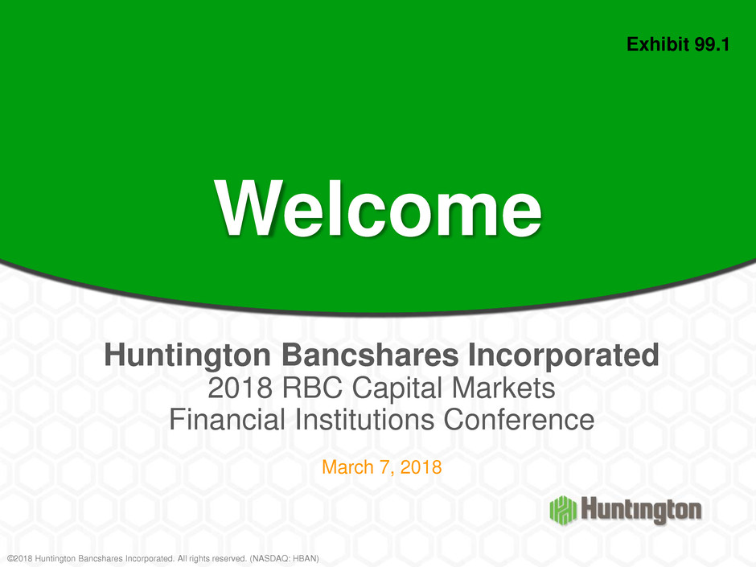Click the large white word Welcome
[379, 208]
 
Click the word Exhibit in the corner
[658, 44]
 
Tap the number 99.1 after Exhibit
[712, 44]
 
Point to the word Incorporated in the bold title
[563, 355]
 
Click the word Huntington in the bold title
[187, 355]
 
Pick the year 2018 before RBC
[240, 388]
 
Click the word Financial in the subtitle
[227, 420]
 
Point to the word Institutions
[364, 420]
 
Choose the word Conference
[519, 420]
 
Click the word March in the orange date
[347, 467]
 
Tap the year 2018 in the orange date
[421, 467]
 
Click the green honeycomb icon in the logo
[563, 510]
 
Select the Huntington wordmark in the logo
[641, 510]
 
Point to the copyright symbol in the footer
[10, 558]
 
